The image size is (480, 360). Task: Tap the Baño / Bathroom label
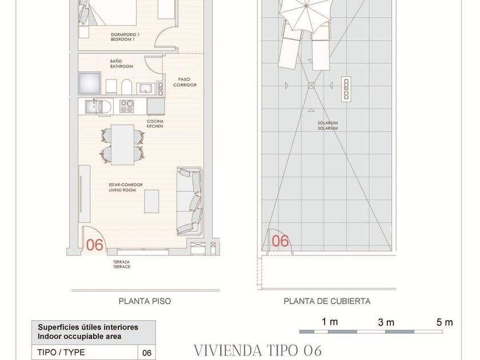pyautogui.click(x=122, y=63)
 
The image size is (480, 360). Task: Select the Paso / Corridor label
pyautogui.click(x=185, y=82)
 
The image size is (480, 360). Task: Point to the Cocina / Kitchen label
pyautogui.click(x=155, y=123)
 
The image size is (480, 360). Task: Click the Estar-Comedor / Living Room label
pyautogui.click(x=126, y=187)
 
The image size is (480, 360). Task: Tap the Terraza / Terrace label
pyautogui.click(x=122, y=264)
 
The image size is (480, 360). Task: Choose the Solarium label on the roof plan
pyautogui.click(x=327, y=126)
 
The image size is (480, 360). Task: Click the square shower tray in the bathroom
pyautogui.click(x=90, y=83)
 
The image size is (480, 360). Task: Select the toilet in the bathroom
pyautogui.click(x=126, y=87)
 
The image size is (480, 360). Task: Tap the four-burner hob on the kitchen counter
pyautogui.click(x=126, y=106)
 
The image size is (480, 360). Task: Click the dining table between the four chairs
pyautogui.click(x=122, y=145)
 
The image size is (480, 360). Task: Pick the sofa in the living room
pyautogui.click(x=190, y=201)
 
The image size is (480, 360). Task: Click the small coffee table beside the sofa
pyautogui.click(x=151, y=201)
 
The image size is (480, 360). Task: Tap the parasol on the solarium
pyautogui.click(x=305, y=14)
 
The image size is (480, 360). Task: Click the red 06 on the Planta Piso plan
pyautogui.click(x=95, y=245)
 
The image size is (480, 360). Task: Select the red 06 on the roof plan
pyautogui.click(x=281, y=241)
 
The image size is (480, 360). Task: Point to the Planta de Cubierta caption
pyautogui.click(x=327, y=301)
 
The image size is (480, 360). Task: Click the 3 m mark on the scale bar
pyautogui.click(x=386, y=322)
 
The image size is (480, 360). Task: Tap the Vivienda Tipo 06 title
pyautogui.click(x=258, y=350)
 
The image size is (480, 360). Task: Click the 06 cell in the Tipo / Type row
pyautogui.click(x=147, y=353)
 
